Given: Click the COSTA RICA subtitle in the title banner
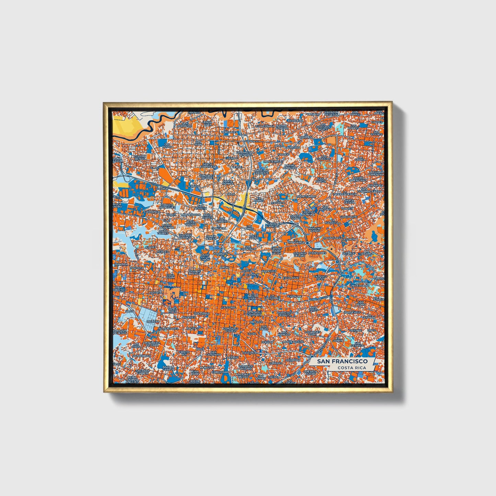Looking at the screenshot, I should (x=351, y=368).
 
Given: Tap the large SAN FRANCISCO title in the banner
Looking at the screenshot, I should (x=342, y=361).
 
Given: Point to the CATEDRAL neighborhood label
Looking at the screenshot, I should (x=229, y=308).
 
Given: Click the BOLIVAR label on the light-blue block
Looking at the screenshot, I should (x=153, y=321).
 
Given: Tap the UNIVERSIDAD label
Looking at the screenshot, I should (x=359, y=286).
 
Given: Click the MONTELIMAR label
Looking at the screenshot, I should (x=306, y=196).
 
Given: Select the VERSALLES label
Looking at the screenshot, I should (x=229, y=132).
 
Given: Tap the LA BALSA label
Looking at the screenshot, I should (x=193, y=186).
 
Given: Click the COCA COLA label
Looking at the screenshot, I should (x=170, y=276).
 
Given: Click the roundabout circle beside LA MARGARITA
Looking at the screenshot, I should (x=308, y=243).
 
